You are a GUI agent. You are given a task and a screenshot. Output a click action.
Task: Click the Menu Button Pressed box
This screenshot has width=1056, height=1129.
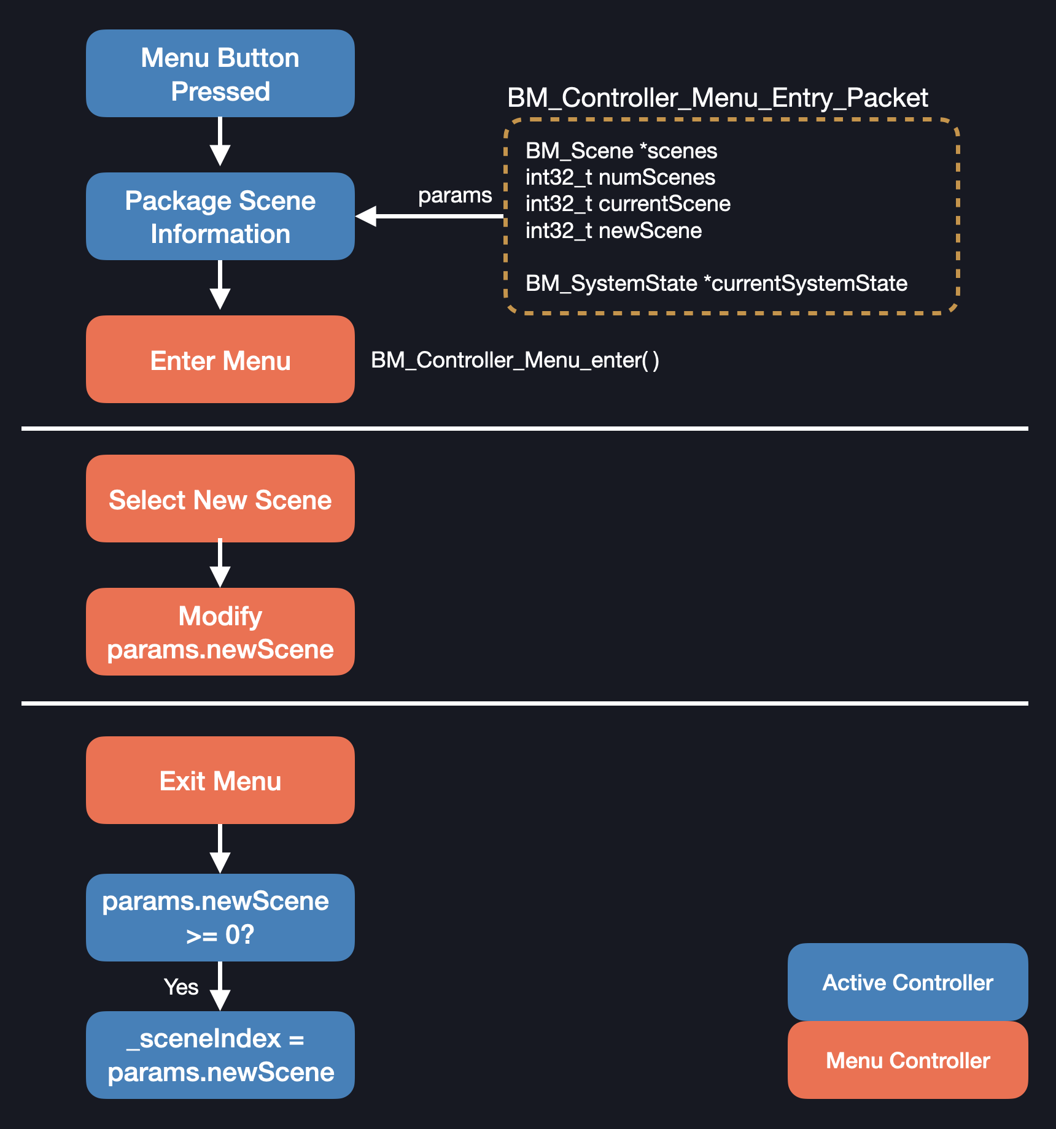[220, 74]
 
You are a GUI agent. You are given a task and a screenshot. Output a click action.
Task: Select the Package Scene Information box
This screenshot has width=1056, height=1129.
[220, 217]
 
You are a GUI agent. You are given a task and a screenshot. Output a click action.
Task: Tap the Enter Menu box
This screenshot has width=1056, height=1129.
[220, 360]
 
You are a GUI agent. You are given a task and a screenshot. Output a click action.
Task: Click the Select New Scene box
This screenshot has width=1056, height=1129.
[220, 499]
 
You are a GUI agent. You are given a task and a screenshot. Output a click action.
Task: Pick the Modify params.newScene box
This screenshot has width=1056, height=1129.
[220, 632]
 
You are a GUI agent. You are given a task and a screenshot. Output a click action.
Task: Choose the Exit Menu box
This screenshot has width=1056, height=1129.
[220, 780]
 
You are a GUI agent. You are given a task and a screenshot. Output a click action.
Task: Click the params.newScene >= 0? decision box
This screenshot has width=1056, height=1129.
[220, 918]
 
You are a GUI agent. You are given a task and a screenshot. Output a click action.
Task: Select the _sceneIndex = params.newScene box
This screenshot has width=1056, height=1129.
[220, 1055]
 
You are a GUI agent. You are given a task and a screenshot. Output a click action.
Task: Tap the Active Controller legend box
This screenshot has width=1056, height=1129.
[907, 982]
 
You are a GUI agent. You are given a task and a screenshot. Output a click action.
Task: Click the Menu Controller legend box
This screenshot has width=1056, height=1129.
[907, 1060]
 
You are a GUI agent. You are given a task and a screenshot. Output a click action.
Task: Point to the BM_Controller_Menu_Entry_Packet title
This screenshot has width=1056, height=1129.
[717, 98]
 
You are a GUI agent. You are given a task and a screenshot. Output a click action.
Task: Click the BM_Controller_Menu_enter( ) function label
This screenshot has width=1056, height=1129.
[514, 360]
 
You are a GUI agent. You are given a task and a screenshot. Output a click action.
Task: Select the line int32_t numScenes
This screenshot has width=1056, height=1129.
[620, 177]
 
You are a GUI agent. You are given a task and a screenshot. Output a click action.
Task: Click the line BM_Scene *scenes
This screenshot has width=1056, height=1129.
[621, 151]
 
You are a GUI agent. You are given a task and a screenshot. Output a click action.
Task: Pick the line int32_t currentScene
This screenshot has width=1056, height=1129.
[627, 204]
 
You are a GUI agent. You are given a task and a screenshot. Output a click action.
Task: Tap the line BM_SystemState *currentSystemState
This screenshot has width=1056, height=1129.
[716, 283]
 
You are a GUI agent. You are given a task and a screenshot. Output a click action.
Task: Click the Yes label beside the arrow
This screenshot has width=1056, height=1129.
[181, 987]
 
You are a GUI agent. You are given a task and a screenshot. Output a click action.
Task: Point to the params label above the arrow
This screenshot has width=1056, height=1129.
[454, 195]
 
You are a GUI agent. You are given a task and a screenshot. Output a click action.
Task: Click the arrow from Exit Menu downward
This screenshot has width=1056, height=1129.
[220, 849]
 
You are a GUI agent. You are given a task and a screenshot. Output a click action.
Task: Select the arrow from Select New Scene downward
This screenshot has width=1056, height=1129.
[220, 564]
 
